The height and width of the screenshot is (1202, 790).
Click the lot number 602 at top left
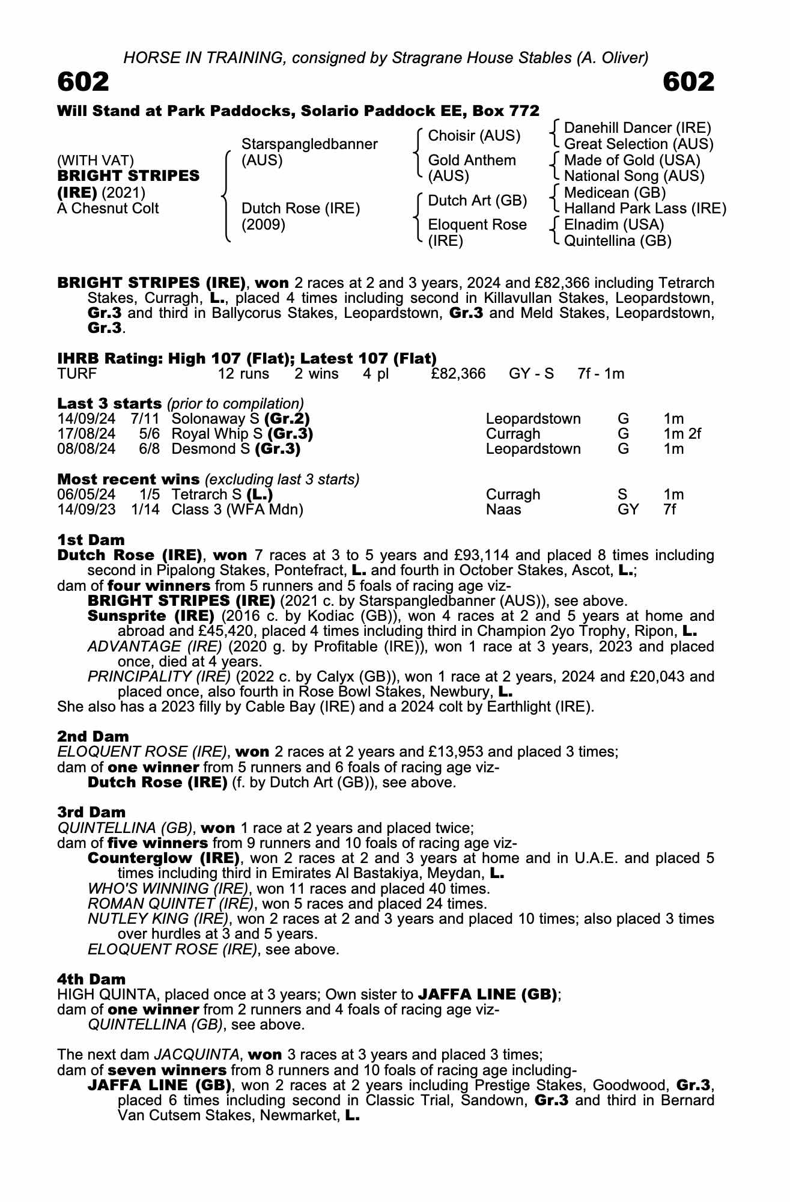point(83,82)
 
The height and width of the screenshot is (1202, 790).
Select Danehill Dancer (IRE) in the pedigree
point(637,128)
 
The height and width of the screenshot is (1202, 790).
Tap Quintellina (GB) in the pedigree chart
point(618,241)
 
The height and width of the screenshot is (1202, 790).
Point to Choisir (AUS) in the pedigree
point(474,136)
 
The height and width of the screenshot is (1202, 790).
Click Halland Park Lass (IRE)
point(645,209)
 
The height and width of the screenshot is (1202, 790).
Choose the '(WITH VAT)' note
point(96,160)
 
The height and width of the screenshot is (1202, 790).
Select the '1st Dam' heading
point(91,540)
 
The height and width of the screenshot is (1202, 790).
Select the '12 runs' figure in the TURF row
point(243,374)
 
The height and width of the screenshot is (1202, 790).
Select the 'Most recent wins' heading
point(128,479)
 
